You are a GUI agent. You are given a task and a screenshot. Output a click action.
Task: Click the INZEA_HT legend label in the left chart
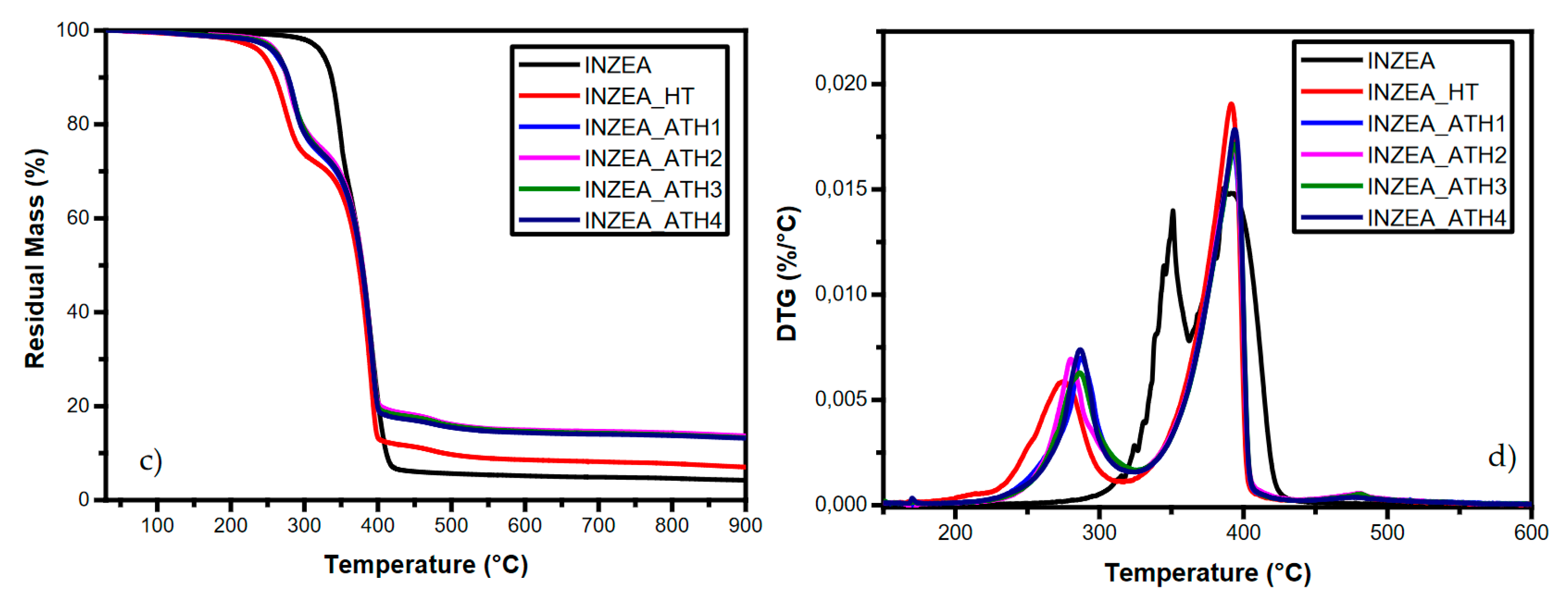click(639, 96)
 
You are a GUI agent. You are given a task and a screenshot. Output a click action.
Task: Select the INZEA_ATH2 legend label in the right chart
click(1437, 155)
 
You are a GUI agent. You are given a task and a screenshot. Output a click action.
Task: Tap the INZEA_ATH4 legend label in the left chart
click(653, 220)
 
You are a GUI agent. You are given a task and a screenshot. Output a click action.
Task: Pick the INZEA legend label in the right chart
click(1401, 61)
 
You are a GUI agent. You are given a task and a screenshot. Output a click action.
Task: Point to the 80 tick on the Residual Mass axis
click(78, 124)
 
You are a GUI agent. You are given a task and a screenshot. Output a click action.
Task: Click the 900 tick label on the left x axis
click(744, 525)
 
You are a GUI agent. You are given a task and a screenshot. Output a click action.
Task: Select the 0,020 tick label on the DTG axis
click(841, 83)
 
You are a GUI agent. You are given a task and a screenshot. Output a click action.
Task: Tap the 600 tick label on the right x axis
click(1531, 532)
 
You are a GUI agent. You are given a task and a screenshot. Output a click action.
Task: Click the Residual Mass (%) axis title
click(35, 259)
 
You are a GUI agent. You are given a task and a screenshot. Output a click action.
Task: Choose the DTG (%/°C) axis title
click(787, 273)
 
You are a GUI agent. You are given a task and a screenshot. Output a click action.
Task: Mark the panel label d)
click(1502, 457)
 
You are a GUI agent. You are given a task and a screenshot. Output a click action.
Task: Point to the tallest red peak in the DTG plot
click(1231, 105)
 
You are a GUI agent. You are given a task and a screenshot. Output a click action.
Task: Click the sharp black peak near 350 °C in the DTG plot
click(1173, 212)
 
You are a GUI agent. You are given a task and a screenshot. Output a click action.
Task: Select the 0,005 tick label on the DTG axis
click(841, 399)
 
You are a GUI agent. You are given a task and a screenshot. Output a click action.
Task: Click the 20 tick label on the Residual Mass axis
click(78, 406)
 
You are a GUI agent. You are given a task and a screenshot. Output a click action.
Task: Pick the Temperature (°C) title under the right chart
click(1207, 572)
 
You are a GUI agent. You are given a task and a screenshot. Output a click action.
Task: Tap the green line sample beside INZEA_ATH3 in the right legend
click(1331, 185)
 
